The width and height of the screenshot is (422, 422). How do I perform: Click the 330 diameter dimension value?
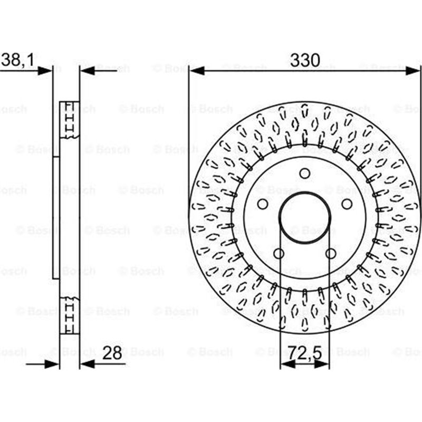pyautogui.click(x=304, y=61)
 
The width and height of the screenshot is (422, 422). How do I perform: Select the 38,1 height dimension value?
pyautogui.click(x=17, y=61)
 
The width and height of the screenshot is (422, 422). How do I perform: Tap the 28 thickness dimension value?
pyautogui.click(x=113, y=353)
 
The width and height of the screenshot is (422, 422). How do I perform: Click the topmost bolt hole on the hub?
pyautogui.click(x=304, y=173)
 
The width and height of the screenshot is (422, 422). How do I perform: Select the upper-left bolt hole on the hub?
pyautogui.click(x=262, y=204)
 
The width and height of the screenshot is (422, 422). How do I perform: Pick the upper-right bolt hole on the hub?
pyautogui.click(x=347, y=204)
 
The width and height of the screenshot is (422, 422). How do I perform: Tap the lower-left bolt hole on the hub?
pyautogui.click(x=279, y=254)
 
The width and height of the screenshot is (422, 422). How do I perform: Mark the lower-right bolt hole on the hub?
pyautogui.click(x=331, y=254)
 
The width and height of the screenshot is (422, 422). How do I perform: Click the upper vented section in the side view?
pyautogui.click(x=69, y=120)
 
